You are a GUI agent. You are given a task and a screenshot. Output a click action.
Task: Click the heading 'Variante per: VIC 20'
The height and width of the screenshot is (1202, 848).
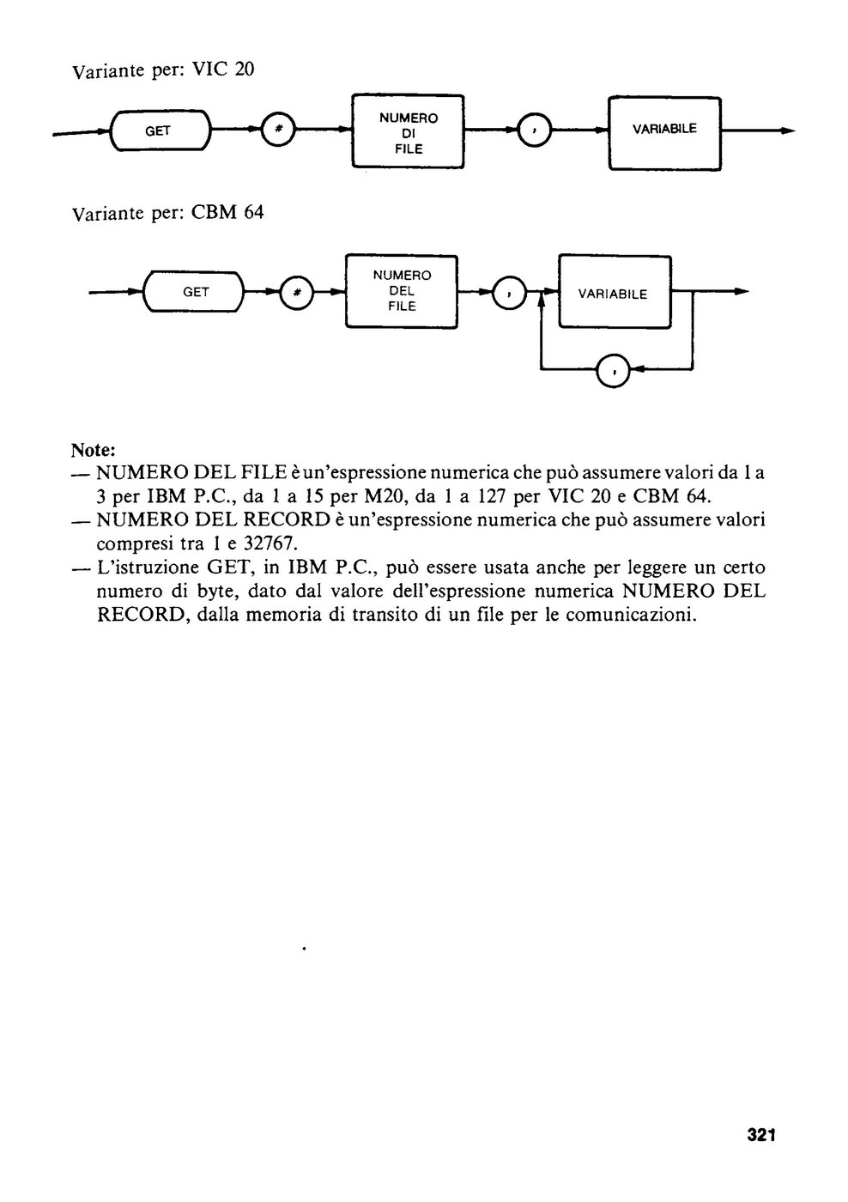163,70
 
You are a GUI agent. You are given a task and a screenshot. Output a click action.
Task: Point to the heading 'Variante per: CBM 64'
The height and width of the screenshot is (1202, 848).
168,213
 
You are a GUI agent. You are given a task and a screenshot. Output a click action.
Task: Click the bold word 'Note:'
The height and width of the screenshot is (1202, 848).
94,450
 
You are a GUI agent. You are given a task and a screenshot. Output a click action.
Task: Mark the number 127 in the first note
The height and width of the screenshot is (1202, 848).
491,496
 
